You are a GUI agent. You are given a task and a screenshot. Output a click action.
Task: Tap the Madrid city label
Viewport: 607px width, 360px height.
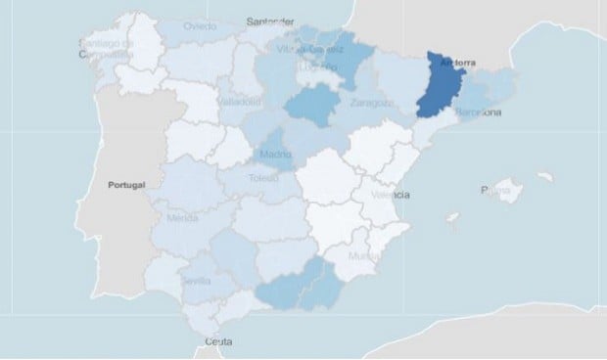point(276,156)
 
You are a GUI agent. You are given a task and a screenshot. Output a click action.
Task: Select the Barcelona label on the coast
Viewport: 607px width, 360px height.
point(478,113)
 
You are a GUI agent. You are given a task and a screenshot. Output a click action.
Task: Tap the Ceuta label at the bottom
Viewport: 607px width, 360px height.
point(219,342)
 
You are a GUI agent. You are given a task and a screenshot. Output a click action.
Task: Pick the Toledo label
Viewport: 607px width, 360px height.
point(264,180)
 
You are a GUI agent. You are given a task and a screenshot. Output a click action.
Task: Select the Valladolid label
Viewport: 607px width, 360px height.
point(240,102)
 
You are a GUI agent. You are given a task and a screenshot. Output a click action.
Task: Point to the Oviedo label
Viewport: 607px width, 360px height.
point(200,26)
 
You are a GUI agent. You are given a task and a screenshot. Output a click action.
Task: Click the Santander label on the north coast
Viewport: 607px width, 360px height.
point(271,20)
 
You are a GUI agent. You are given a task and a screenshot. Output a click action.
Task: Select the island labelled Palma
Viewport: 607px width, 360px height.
point(495,191)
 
